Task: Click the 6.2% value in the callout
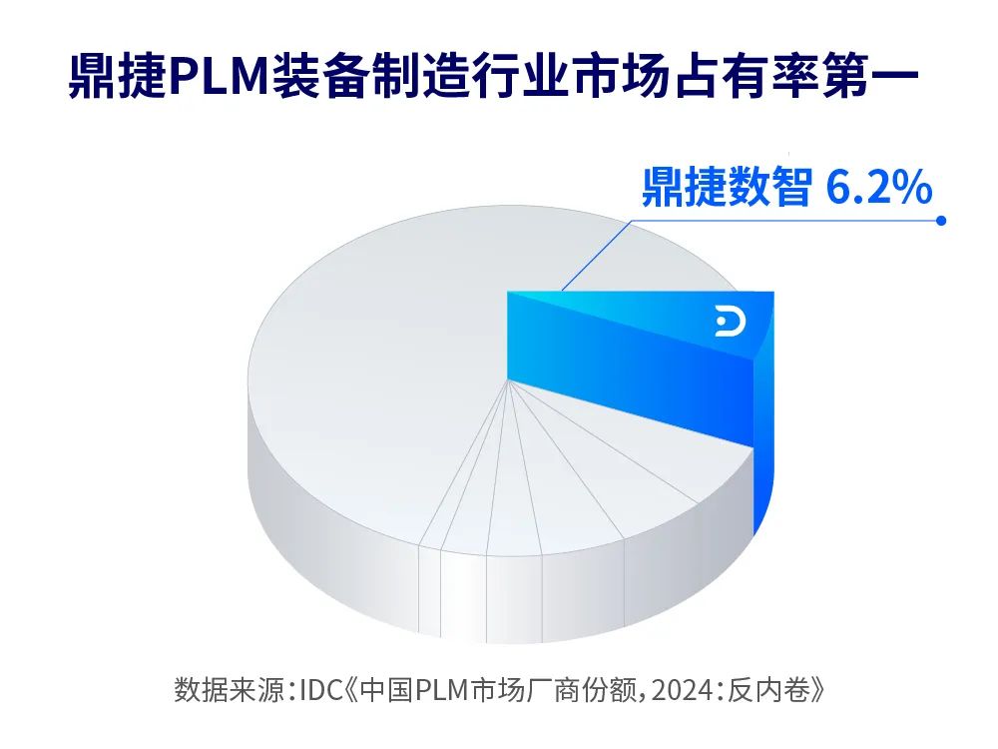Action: (x=879, y=187)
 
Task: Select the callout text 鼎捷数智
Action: (x=726, y=187)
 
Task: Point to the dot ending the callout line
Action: (x=940, y=222)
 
